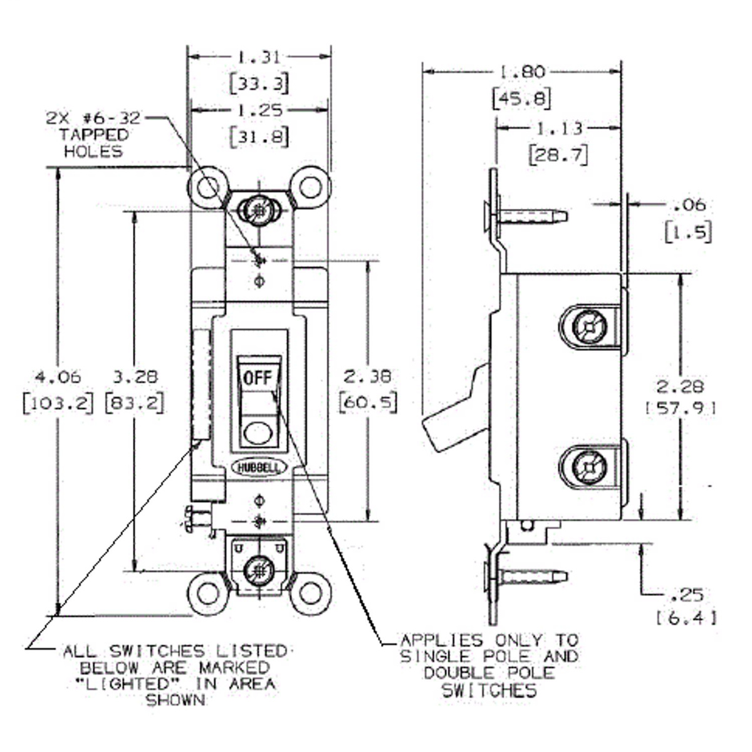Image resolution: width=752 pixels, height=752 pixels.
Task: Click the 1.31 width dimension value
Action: (259, 57)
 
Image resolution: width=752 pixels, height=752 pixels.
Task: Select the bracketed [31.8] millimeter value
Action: (259, 136)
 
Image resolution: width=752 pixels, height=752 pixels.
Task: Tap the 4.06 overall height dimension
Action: (57, 377)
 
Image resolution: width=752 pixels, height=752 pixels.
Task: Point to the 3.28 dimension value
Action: (135, 377)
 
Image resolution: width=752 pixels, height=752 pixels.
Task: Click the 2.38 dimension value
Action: (368, 376)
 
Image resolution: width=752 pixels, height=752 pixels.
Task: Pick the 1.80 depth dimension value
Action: (521, 72)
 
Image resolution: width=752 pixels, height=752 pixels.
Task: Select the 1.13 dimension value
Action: (559, 128)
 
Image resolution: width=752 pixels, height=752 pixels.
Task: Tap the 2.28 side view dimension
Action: (680, 386)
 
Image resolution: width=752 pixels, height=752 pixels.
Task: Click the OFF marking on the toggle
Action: (258, 377)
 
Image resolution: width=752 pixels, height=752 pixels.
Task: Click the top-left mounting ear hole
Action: (207, 187)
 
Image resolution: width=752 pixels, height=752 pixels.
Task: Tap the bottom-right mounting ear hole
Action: (310, 592)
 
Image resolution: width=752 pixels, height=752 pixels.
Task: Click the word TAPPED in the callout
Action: (93, 135)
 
